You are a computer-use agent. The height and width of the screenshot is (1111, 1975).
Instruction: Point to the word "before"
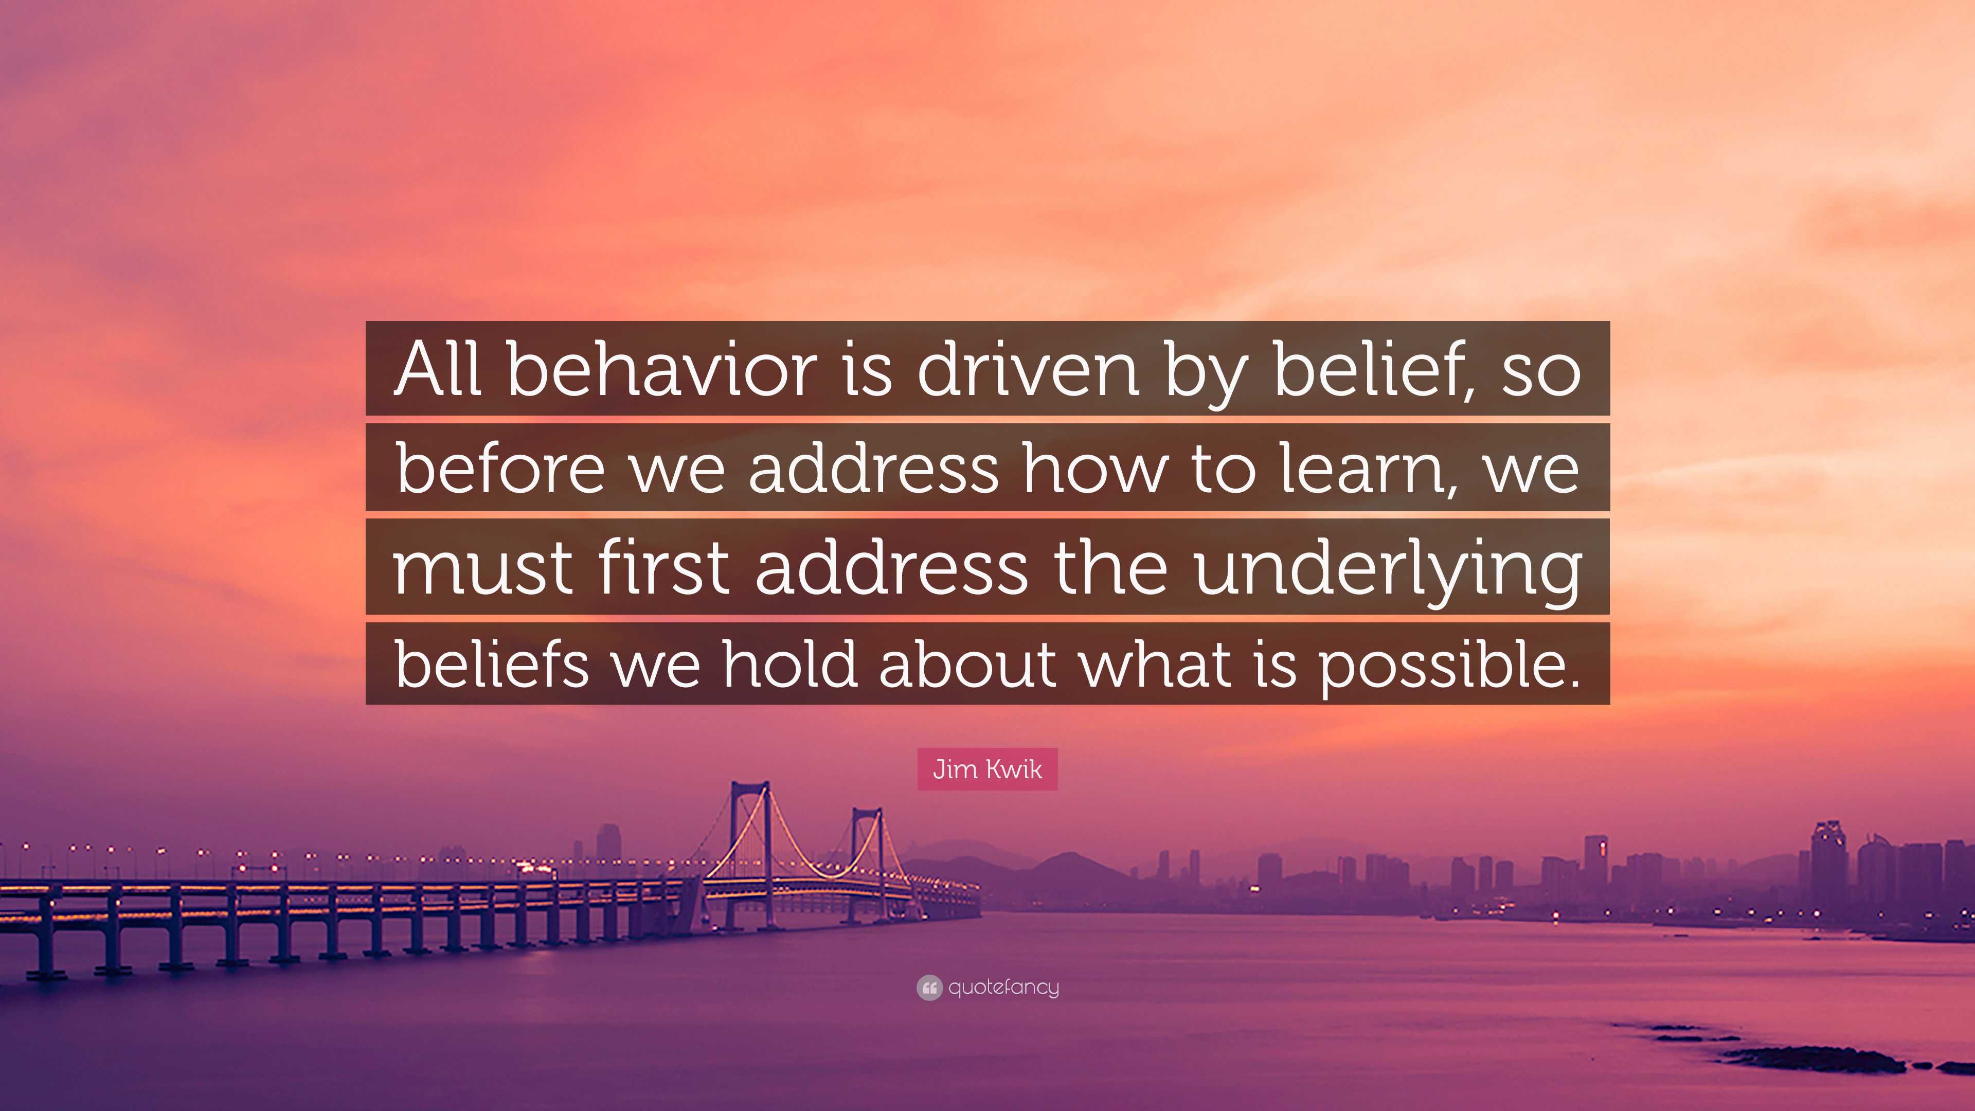click(500, 469)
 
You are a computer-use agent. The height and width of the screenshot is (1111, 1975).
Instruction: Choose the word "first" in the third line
click(664, 567)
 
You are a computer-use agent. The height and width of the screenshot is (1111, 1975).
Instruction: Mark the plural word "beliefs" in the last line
click(492, 664)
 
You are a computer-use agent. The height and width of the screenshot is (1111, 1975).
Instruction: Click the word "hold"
click(789, 664)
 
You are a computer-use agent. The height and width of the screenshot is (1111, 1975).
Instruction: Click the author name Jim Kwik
click(987, 769)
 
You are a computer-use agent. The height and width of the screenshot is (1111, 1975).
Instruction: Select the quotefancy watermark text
click(1003, 988)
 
